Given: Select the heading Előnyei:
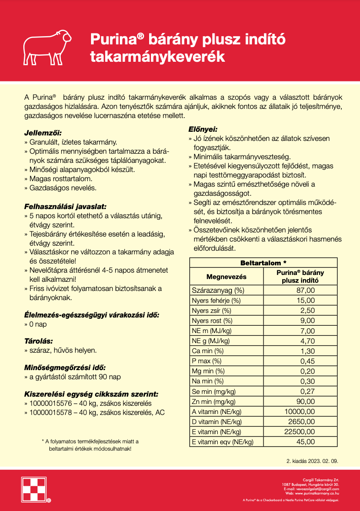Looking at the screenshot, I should pyautogui.click(x=203, y=129).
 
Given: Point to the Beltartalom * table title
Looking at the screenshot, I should pyautogui.click(x=263, y=263).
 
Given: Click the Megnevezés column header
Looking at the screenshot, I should pyautogui.click(x=226, y=277).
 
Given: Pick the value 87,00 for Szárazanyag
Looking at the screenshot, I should pyautogui.click(x=306, y=290).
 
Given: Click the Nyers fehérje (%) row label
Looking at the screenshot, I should pyautogui.click(x=216, y=301).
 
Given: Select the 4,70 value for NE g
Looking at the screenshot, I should pyautogui.click(x=307, y=341).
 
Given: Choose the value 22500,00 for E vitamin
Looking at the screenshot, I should pyautogui.click(x=300, y=431).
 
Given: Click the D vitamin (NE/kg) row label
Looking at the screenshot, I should pyautogui.click(x=217, y=421).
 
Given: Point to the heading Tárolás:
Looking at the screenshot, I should pyautogui.click(x=38, y=341).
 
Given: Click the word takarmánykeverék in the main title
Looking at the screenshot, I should pyautogui.click(x=158, y=56).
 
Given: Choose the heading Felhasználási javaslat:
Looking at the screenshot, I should pyautogui.click(x=65, y=206).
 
